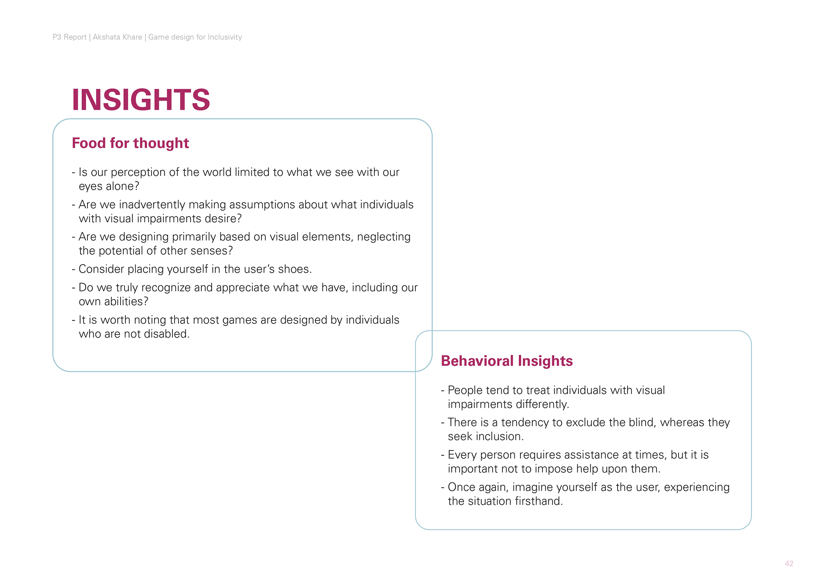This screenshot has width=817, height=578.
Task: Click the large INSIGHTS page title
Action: coord(141,100)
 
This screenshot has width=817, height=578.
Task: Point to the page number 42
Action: coord(789,564)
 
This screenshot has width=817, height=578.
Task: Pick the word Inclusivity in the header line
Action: coord(225,37)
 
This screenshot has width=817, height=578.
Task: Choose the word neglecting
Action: coord(384,237)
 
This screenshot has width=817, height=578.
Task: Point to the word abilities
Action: coord(126,302)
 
